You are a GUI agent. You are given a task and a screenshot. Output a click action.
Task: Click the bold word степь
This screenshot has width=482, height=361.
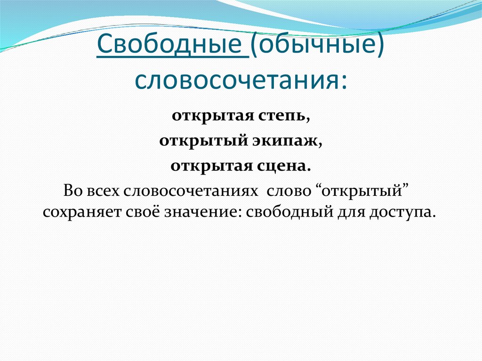[x=284, y=116]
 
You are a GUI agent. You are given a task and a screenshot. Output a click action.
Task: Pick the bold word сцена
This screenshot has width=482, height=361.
[x=288, y=166]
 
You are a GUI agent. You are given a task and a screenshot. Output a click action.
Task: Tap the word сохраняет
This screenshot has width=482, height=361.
[x=82, y=212]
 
